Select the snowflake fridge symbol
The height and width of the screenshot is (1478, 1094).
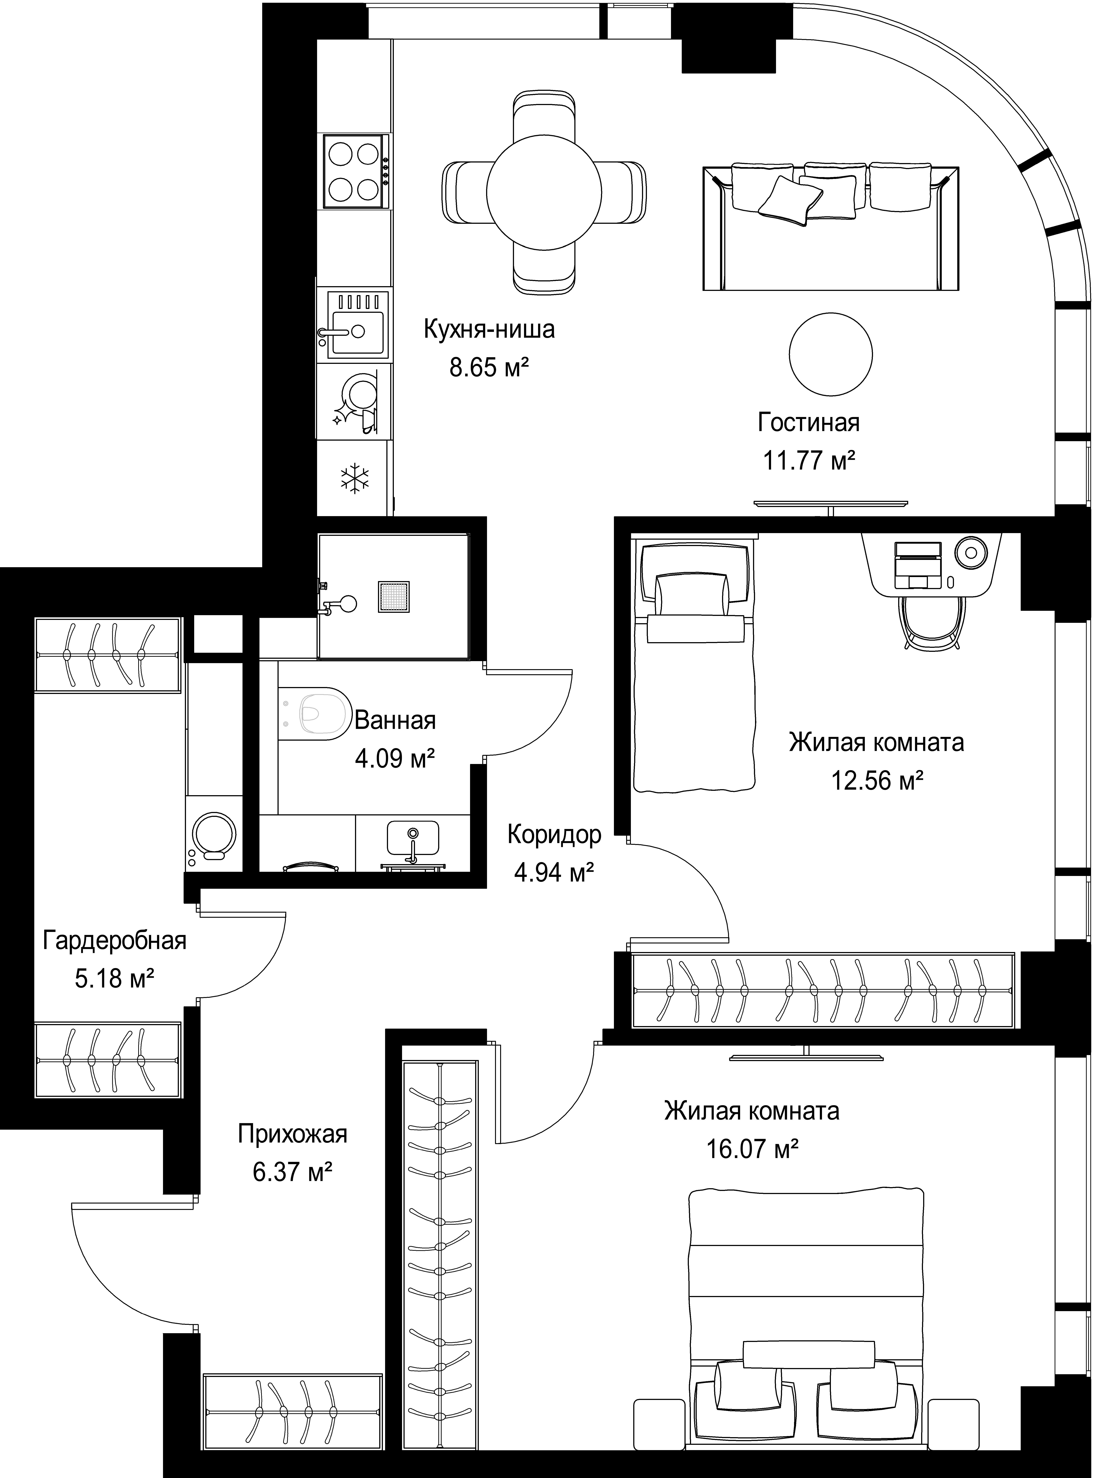point(355,478)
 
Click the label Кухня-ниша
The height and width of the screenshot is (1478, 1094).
point(489,329)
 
